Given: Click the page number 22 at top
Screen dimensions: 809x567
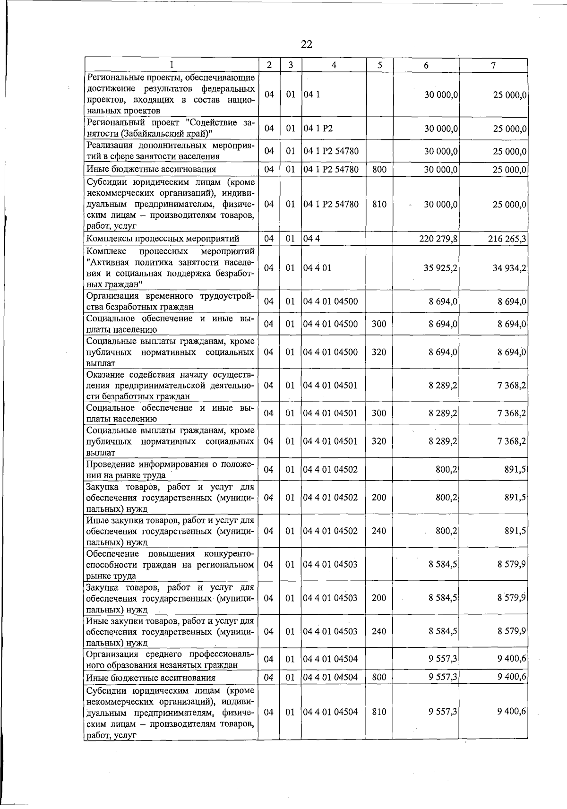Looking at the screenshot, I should click(x=306, y=44).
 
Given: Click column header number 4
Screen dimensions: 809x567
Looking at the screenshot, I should click(x=334, y=66).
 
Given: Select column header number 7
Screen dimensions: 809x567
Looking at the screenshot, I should click(x=493, y=66).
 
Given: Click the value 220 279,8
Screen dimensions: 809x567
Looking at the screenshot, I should click(x=438, y=239).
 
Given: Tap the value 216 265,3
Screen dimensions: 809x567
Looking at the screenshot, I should click(x=507, y=239).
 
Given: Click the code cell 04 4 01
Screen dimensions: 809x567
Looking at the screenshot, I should click(x=318, y=268).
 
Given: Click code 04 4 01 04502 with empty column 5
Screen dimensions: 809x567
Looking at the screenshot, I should click(x=331, y=470).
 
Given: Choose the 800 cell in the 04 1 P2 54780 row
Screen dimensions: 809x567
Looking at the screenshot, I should click(x=379, y=169).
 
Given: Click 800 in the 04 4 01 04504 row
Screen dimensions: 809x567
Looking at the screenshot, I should click(x=379, y=677).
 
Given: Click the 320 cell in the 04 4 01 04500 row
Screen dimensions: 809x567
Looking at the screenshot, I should click(x=379, y=352).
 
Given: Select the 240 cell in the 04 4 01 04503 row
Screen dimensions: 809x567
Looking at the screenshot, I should click(x=379, y=631).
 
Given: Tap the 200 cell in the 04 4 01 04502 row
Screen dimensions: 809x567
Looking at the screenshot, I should click(x=379, y=498).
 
